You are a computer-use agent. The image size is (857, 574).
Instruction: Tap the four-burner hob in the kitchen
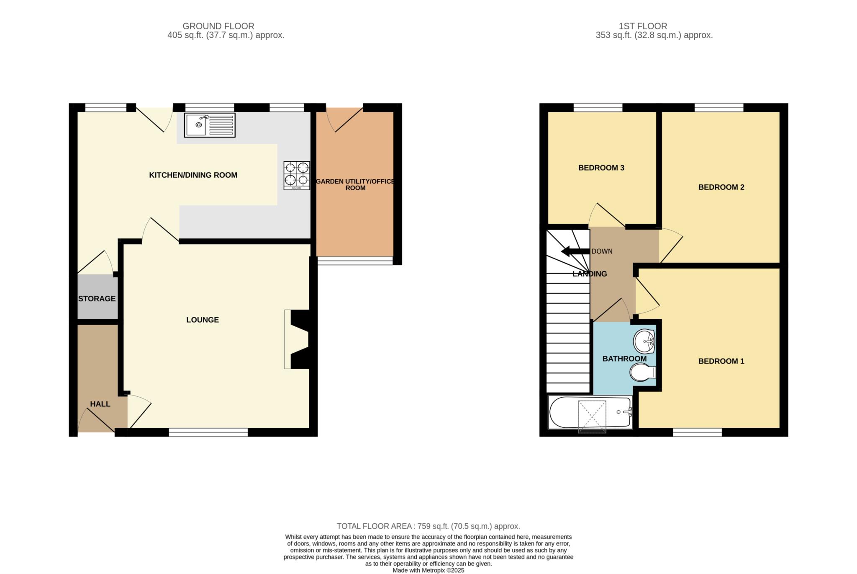tap(297, 176)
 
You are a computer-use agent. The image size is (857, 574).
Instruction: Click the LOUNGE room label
tap(203, 320)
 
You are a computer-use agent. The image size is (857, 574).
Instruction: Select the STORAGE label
tap(97, 299)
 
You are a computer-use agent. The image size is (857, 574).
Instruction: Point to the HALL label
tap(100, 404)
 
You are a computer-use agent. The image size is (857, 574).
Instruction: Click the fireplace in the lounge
tap(297, 339)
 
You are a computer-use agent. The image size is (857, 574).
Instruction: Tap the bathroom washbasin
tap(644, 341)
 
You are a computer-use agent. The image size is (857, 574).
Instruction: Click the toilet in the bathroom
tap(643, 372)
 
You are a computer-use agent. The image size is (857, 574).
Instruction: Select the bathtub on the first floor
tap(590, 413)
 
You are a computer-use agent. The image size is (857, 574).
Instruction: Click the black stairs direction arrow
tap(575, 251)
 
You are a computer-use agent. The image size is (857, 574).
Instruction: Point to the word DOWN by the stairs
tap(602, 251)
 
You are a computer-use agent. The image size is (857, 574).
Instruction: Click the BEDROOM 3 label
tap(601, 168)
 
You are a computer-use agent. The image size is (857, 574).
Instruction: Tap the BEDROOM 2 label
tap(721, 187)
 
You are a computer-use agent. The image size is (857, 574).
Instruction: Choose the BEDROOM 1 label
tap(721, 361)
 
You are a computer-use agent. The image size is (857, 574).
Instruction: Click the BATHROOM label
tap(624, 359)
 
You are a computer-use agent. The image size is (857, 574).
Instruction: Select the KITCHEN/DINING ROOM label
tap(193, 175)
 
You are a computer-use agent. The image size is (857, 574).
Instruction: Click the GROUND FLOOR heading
tap(218, 26)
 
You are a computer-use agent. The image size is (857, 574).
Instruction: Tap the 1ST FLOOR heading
tap(643, 26)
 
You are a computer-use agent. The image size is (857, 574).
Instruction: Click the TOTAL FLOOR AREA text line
tap(428, 526)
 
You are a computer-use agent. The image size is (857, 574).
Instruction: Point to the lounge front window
tap(208, 432)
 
